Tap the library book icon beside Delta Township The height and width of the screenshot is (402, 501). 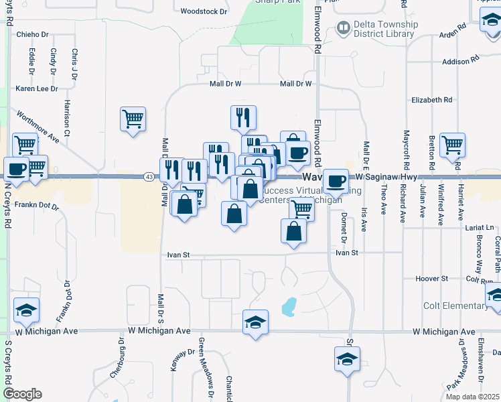coord(343,28)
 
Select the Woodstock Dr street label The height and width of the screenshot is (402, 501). coord(204,11)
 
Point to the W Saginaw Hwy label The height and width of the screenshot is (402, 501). coord(386,177)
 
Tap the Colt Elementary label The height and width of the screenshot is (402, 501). coord(455,306)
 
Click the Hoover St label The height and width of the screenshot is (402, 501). coord(431,278)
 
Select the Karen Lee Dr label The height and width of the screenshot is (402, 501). coord(37,88)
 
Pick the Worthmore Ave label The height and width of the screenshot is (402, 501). coord(38,125)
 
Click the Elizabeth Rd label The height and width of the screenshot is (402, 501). coord(432,100)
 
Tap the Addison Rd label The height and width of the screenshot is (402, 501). coord(461,62)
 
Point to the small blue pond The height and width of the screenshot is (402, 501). coord(289,307)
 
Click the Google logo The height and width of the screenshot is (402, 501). coord(22,394)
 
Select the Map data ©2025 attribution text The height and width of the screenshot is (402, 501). coord(472,397)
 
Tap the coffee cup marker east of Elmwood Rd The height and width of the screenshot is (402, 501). coord(336,180)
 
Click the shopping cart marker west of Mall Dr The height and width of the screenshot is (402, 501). coord(133,119)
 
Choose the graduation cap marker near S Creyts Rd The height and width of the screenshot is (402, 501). coord(27,310)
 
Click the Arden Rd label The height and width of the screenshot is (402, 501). coord(452,33)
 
